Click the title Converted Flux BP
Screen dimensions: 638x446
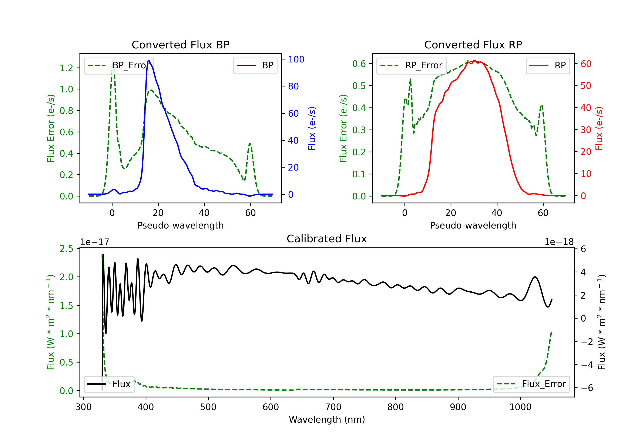coord(180,45)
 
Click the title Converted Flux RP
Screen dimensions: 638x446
coord(473,45)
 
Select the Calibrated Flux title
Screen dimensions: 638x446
coord(327,239)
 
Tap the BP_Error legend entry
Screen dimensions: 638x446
coord(119,65)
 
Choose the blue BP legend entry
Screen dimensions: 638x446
coord(255,65)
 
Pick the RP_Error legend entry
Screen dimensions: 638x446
coord(411,65)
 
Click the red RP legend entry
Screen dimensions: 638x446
coord(548,65)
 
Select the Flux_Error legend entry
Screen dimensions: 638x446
coord(531,384)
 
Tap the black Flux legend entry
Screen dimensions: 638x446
coord(109,384)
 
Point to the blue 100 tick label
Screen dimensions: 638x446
coord(296,59)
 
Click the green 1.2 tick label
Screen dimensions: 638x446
coord(66,68)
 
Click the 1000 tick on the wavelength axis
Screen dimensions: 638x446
coord(520,407)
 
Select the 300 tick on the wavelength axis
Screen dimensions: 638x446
coord(83,407)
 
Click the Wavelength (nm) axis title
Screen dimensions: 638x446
coord(327,420)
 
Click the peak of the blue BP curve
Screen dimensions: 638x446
coord(149,60)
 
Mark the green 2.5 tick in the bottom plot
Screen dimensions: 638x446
coord(66,249)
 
